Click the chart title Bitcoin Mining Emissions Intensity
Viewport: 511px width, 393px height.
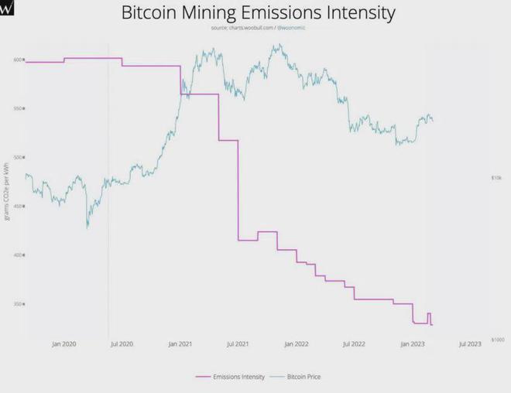[x=259, y=13]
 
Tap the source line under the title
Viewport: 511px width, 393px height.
[x=259, y=28]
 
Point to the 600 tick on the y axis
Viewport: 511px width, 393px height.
[x=16, y=60]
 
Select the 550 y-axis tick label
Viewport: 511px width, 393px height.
[x=16, y=108]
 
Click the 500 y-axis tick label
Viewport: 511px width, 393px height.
[x=16, y=157]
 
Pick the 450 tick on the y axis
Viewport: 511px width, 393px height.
[x=16, y=206]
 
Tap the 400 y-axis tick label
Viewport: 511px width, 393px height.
[x=16, y=255]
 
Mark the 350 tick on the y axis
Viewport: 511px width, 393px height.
[x=16, y=303]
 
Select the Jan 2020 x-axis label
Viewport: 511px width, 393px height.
[x=63, y=343]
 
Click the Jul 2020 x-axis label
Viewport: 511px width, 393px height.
[x=122, y=343]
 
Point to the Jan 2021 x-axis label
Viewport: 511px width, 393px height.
[x=180, y=343]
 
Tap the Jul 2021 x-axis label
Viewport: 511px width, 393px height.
[x=238, y=343]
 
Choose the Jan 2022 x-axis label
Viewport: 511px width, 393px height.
[x=296, y=343]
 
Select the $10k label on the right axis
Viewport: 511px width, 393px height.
[x=496, y=177]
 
